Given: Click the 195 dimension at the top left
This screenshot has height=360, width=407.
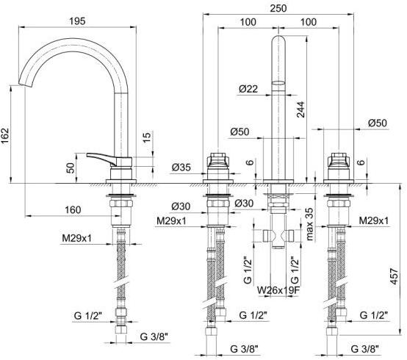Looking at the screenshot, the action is click(x=77, y=21).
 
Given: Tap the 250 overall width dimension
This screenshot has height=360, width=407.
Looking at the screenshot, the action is click(x=278, y=8).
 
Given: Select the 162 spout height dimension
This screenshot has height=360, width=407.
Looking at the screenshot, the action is click(x=5, y=136).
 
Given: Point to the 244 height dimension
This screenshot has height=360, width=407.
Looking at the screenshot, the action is click(x=300, y=109).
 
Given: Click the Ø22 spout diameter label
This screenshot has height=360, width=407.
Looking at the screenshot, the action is click(x=248, y=89).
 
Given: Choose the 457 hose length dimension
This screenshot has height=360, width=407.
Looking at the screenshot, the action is click(x=394, y=276).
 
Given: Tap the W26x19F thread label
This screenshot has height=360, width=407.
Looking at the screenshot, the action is click(x=278, y=290).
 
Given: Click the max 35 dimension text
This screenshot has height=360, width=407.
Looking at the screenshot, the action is click(x=309, y=224).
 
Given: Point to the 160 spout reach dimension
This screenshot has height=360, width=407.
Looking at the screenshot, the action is click(x=73, y=209).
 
